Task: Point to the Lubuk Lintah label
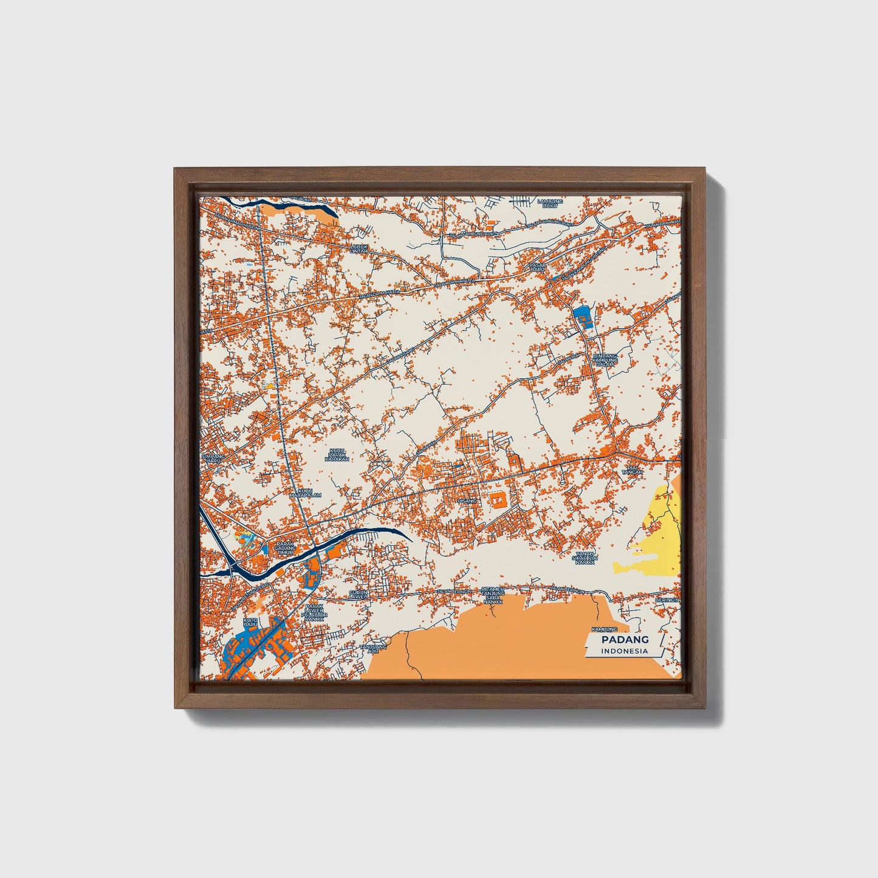[359, 249]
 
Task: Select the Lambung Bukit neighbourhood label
[551, 204]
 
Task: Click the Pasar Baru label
[537, 267]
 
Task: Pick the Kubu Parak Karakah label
[337, 455]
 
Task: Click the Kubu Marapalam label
[305, 492]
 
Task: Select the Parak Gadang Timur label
[284, 548]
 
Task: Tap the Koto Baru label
[250, 622]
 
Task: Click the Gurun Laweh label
[357, 594]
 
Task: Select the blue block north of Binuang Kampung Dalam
[581, 317]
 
